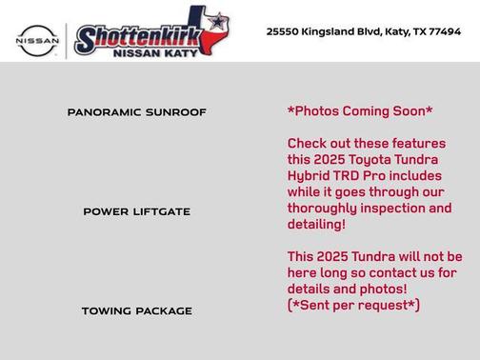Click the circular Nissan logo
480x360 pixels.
[x=37, y=40]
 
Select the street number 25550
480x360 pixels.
[x=282, y=31]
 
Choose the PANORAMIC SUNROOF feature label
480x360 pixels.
[x=137, y=112]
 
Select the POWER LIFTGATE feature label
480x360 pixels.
[x=137, y=211]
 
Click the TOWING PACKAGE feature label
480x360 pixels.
[x=137, y=310]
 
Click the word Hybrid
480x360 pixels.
[x=310, y=176]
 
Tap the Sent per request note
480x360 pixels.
[x=353, y=305]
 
